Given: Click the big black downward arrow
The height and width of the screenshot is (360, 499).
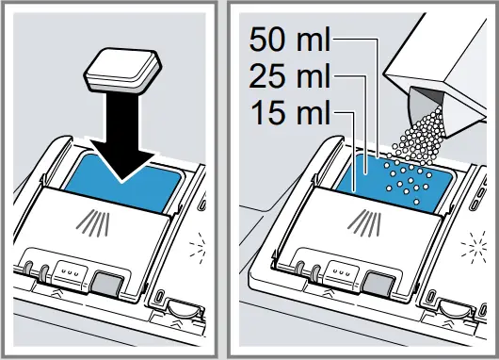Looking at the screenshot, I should (126, 141).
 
